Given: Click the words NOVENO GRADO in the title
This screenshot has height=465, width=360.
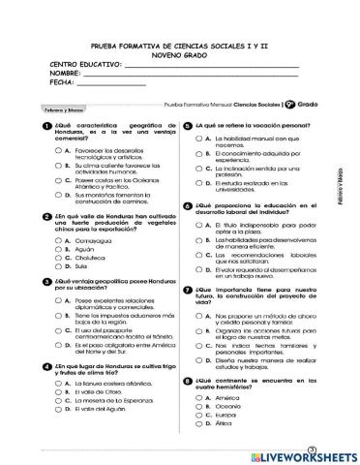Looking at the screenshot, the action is click(179, 55).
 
